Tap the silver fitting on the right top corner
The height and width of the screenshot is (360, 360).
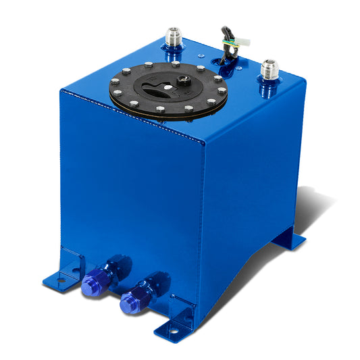click(269, 73)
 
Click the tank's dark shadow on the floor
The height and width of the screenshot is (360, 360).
click(297, 203)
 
